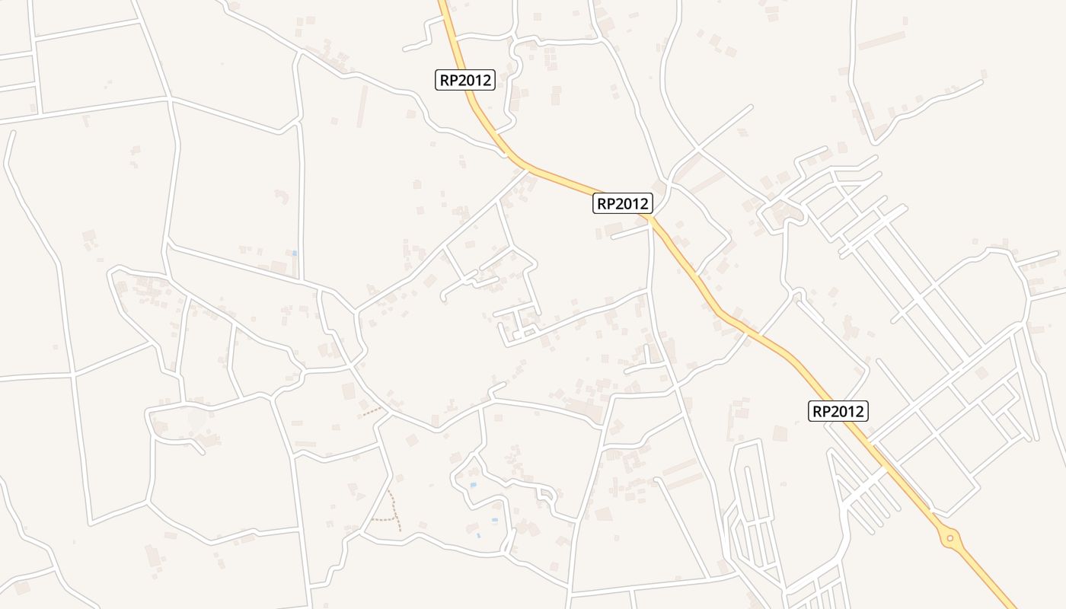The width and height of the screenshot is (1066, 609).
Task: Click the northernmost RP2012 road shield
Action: pos(465,80)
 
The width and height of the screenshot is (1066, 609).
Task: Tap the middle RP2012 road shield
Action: pos(623,203)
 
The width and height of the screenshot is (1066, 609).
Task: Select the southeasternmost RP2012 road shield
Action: pos(838,411)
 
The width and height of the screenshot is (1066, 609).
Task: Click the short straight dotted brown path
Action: pos(372,412)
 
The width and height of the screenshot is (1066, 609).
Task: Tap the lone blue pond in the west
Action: pos(295,253)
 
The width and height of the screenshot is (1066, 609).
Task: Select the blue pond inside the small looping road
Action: pos(473,484)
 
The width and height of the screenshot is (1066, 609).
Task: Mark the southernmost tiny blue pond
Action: pos(478,536)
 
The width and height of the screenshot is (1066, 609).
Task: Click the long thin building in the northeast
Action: pos(882,40)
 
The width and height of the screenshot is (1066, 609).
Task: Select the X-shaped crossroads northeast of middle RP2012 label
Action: pos(697,145)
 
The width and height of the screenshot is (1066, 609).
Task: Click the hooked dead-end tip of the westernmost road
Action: pos(11,133)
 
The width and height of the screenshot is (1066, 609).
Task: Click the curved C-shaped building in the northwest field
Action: pos(280,196)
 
